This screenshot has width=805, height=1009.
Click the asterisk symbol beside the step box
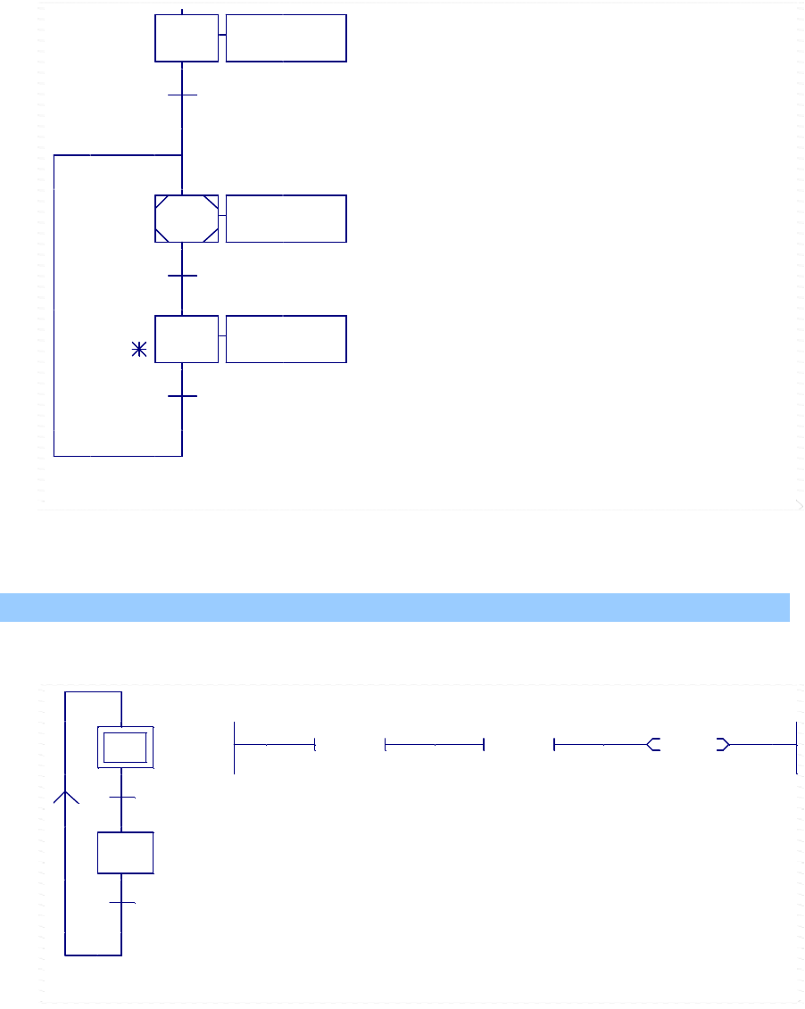click(x=139, y=350)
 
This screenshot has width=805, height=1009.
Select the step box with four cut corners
click(x=187, y=219)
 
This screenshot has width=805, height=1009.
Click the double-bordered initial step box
click(x=125, y=747)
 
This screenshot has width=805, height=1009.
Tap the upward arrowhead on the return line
click(x=66, y=796)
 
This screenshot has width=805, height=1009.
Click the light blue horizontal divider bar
click(x=394, y=607)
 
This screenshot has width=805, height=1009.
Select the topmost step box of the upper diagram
click(x=187, y=37)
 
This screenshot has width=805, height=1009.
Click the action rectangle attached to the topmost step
click(x=286, y=37)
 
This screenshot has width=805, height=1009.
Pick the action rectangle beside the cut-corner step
click(x=286, y=219)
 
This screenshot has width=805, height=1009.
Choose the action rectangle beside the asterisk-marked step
click(x=286, y=339)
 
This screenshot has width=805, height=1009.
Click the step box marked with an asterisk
click(x=187, y=339)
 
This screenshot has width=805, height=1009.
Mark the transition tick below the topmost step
click(x=182, y=95)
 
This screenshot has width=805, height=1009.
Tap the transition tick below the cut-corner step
click(x=182, y=276)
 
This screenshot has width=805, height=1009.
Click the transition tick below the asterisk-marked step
click(x=182, y=395)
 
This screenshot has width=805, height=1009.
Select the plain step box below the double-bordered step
click(x=125, y=853)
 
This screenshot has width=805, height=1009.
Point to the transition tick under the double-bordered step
click(x=121, y=797)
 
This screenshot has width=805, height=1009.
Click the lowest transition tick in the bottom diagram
click(x=121, y=903)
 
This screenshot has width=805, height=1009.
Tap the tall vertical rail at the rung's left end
click(x=234, y=747)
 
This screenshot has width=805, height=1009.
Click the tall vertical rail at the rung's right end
click(x=796, y=747)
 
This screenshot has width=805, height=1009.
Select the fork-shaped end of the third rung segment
click(x=653, y=744)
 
